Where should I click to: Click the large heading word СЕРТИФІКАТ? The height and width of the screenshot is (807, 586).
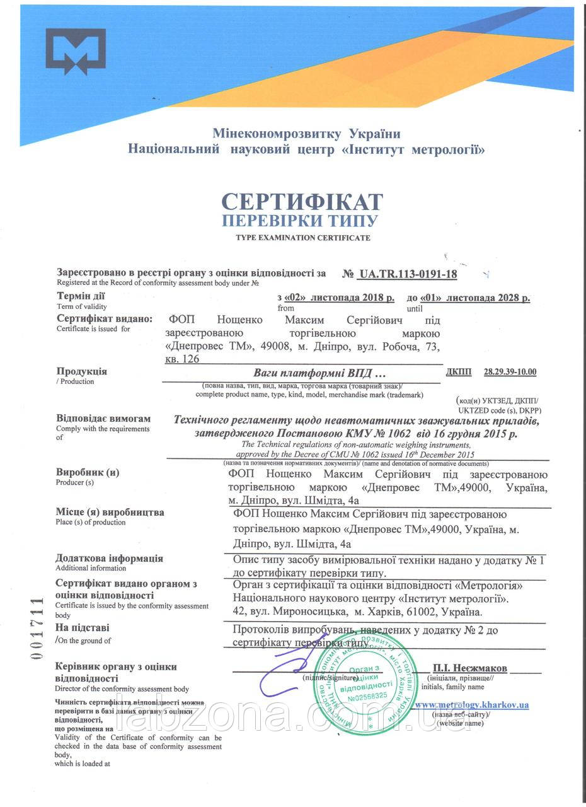[302, 201]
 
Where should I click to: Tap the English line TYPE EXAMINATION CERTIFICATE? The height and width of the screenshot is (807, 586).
[303, 238]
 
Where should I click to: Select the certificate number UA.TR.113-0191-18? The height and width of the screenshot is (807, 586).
[407, 274]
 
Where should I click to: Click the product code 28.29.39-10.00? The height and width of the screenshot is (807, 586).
[510, 371]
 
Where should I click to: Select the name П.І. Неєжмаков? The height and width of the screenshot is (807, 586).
[469, 668]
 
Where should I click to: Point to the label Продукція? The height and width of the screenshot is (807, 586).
[82, 371]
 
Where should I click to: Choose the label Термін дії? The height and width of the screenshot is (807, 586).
[81, 296]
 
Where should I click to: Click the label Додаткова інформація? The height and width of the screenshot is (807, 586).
[109, 558]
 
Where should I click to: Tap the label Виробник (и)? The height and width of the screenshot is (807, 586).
[88, 472]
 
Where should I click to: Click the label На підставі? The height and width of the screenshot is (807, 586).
[83, 627]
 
